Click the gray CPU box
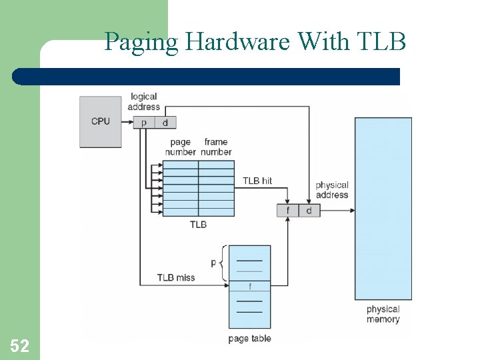101,122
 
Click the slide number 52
19,345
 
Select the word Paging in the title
141,42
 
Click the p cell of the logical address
144,122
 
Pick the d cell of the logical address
165,122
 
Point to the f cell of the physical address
288,211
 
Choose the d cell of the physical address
309,211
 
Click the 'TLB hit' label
257,181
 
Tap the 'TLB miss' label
176,277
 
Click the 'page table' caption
249,339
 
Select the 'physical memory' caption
383,314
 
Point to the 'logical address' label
144,101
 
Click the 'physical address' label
332,190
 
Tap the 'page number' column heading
180,147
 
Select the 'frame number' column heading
217,147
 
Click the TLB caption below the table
198,225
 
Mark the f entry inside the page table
250,286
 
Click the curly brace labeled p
221,263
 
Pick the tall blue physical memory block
383,208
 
